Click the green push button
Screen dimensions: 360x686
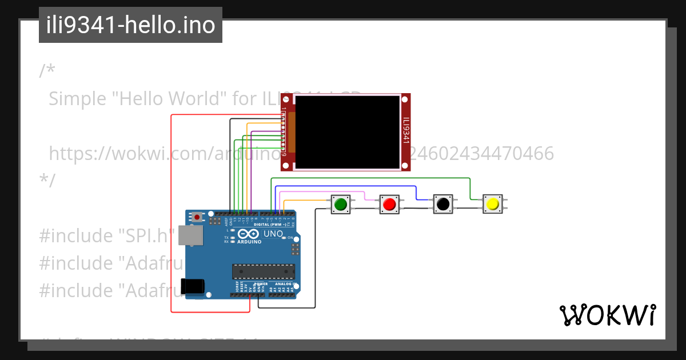click(341, 204)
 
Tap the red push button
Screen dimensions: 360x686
click(390, 204)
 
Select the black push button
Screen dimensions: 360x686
click(442, 204)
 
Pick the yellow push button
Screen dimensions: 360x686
click(492, 204)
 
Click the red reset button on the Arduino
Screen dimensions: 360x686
click(198, 217)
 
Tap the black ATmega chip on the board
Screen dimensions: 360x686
click(263, 272)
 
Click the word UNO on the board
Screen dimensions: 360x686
click(273, 234)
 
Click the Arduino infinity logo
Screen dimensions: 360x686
click(249, 234)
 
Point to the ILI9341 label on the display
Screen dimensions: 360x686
click(406, 131)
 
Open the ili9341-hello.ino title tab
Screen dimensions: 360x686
click(130, 25)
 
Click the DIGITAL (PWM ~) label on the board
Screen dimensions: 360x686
click(269, 225)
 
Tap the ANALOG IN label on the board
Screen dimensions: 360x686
click(284, 283)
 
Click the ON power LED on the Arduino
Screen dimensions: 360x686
click(285, 238)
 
